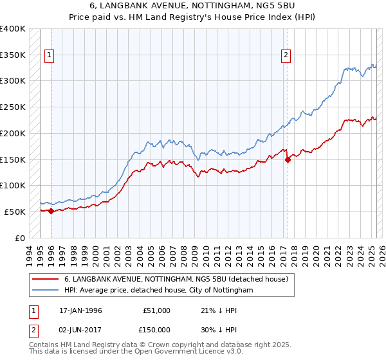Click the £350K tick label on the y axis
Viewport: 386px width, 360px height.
(12, 55)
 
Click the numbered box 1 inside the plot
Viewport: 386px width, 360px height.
(50, 56)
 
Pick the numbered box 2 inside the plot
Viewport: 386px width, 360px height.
(285, 56)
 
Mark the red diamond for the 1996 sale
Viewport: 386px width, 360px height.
(51, 211)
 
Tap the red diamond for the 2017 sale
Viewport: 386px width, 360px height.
(288, 160)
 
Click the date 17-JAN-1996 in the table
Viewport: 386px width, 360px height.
(80, 310)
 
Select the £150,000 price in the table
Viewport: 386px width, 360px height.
(157, 330)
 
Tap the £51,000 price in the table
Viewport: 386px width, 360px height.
(157, 310)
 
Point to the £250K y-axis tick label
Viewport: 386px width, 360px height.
(12, 107)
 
